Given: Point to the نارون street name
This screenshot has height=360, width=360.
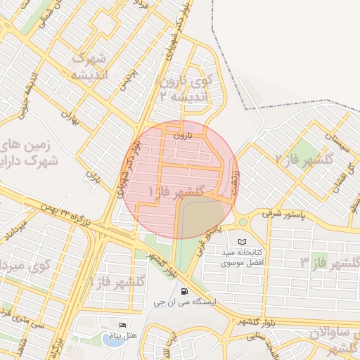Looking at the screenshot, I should tap(182, 134).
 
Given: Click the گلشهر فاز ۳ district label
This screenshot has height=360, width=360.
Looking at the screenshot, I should tap(330, 262).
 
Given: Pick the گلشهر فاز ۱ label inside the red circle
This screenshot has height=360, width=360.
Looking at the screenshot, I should tap(176, 191).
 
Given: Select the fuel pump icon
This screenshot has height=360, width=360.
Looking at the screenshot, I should tap(184, 291).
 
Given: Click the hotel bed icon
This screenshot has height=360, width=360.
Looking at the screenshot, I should tap(124, 326).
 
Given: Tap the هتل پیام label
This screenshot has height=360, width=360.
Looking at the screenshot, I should tap(123, 335).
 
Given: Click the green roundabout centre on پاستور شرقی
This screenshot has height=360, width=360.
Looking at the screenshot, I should tap(243, 222).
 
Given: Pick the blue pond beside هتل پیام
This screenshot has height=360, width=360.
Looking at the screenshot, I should tap(111, 340).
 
